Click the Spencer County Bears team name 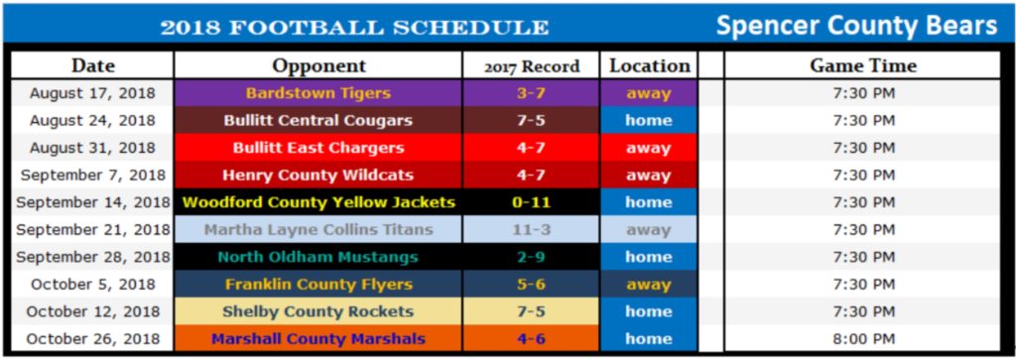tap(856, 25)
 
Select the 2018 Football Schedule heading tap(354, 27)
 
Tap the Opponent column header tap(318, 66)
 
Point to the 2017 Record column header tap(532, 67)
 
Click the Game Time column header tap(863, 66)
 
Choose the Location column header tap(649, 66)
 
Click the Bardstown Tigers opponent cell tap(318, 93)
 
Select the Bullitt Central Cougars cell tap(318, 121)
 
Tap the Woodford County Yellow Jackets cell tap(318, 202)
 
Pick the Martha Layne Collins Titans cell tap(318, 230)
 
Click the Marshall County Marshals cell tap(318, 339)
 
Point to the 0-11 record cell tap(532, 202)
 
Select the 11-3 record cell tap(532, 230)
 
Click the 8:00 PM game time tap(863, 339)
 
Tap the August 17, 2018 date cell tap(92, 93)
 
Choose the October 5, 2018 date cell tap(92, 285)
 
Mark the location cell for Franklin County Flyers tap(649, 285)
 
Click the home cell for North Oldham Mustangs tap(649, 257)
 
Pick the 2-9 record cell tap(532, 257)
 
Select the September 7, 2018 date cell tap(92, 176)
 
